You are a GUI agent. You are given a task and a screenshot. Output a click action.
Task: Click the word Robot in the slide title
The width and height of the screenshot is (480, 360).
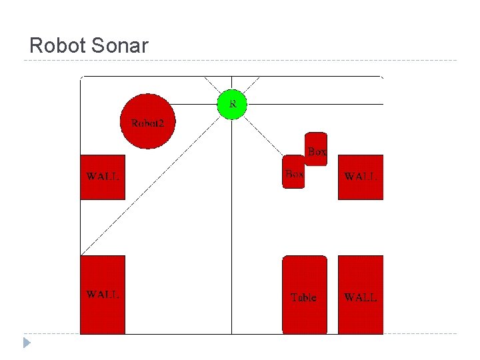pos(56,46)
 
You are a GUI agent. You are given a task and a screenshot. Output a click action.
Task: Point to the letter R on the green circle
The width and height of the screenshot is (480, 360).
pos(233,103)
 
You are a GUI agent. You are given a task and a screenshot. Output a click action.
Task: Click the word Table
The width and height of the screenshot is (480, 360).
pos(303,297)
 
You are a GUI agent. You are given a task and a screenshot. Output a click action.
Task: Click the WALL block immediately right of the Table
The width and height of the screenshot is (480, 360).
pos(361,294)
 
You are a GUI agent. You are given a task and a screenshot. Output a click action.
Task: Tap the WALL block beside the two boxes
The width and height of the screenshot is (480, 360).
pos(361,177)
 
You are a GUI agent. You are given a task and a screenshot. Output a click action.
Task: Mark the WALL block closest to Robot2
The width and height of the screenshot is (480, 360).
pos(103,177)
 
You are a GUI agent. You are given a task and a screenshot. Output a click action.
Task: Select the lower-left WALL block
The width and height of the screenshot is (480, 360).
pos(103,294)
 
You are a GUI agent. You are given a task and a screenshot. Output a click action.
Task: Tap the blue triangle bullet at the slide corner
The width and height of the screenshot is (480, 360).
pos(26,343)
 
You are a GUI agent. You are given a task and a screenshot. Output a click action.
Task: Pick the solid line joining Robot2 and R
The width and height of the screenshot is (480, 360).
pos(196,104)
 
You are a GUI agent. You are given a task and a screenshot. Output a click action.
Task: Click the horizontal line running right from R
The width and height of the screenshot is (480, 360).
pos(313,104)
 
